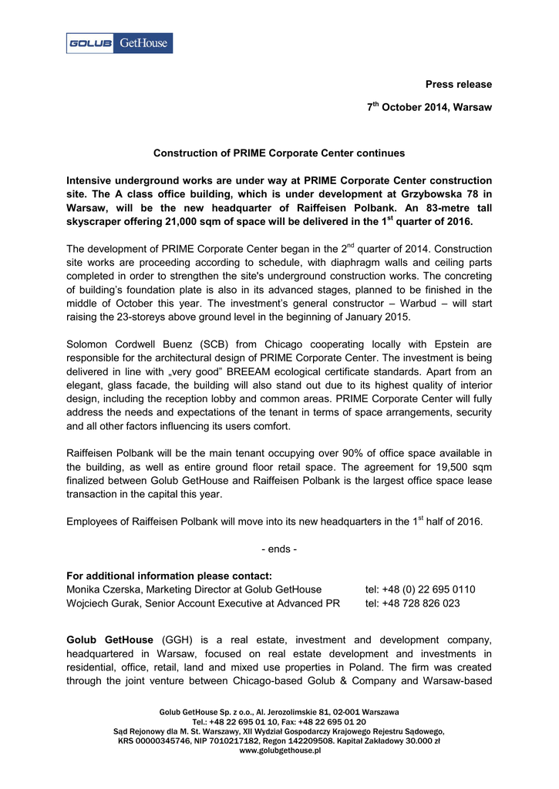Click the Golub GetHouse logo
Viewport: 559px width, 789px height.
(x=119, y=43)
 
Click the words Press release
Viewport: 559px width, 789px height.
(x=459, y=84)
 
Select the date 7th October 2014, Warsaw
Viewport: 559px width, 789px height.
(x=429, y=108)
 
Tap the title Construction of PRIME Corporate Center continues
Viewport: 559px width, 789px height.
(x=279, y=153)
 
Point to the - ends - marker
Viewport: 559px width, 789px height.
(x=279, y=549)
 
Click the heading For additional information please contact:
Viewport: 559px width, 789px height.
(x=169, y=576)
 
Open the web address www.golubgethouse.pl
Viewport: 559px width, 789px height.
(x=279, y=750)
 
